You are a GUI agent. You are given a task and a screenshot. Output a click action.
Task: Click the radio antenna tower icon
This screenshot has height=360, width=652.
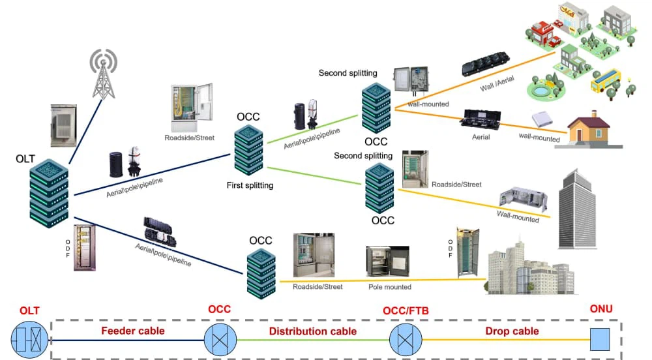103,74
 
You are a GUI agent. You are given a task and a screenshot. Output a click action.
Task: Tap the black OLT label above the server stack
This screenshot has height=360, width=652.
25,158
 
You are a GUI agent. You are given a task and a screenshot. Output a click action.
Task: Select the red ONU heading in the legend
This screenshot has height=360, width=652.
601,309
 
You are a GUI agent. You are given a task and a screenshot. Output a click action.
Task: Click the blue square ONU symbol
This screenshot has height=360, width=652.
600,339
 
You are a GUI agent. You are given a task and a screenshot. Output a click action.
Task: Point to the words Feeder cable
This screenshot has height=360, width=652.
133,331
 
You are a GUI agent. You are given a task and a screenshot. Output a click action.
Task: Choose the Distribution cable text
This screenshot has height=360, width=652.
313,331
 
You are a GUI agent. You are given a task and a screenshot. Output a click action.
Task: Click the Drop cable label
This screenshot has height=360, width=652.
512,331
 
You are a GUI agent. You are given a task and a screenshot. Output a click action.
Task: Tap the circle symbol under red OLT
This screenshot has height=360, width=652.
29,340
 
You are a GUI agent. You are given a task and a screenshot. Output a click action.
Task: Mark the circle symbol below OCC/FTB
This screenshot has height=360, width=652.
406,340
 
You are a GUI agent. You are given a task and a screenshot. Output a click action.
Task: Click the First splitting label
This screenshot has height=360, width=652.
250,185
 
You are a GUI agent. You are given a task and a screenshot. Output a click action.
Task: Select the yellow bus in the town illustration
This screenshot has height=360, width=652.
606,80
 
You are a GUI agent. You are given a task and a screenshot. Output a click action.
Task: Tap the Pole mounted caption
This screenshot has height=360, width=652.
390,287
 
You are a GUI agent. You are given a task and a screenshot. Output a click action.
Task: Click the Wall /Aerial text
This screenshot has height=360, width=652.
497,83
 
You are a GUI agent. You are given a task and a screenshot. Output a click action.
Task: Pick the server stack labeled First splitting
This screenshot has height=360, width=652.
248,150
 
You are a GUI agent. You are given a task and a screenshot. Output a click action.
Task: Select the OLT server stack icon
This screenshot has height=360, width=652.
49,193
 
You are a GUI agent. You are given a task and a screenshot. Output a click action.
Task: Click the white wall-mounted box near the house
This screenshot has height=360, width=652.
542,119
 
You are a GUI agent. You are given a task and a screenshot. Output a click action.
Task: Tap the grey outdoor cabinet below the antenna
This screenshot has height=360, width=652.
64,125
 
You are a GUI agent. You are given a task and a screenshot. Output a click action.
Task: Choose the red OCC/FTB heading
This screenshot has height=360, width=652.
406,310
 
